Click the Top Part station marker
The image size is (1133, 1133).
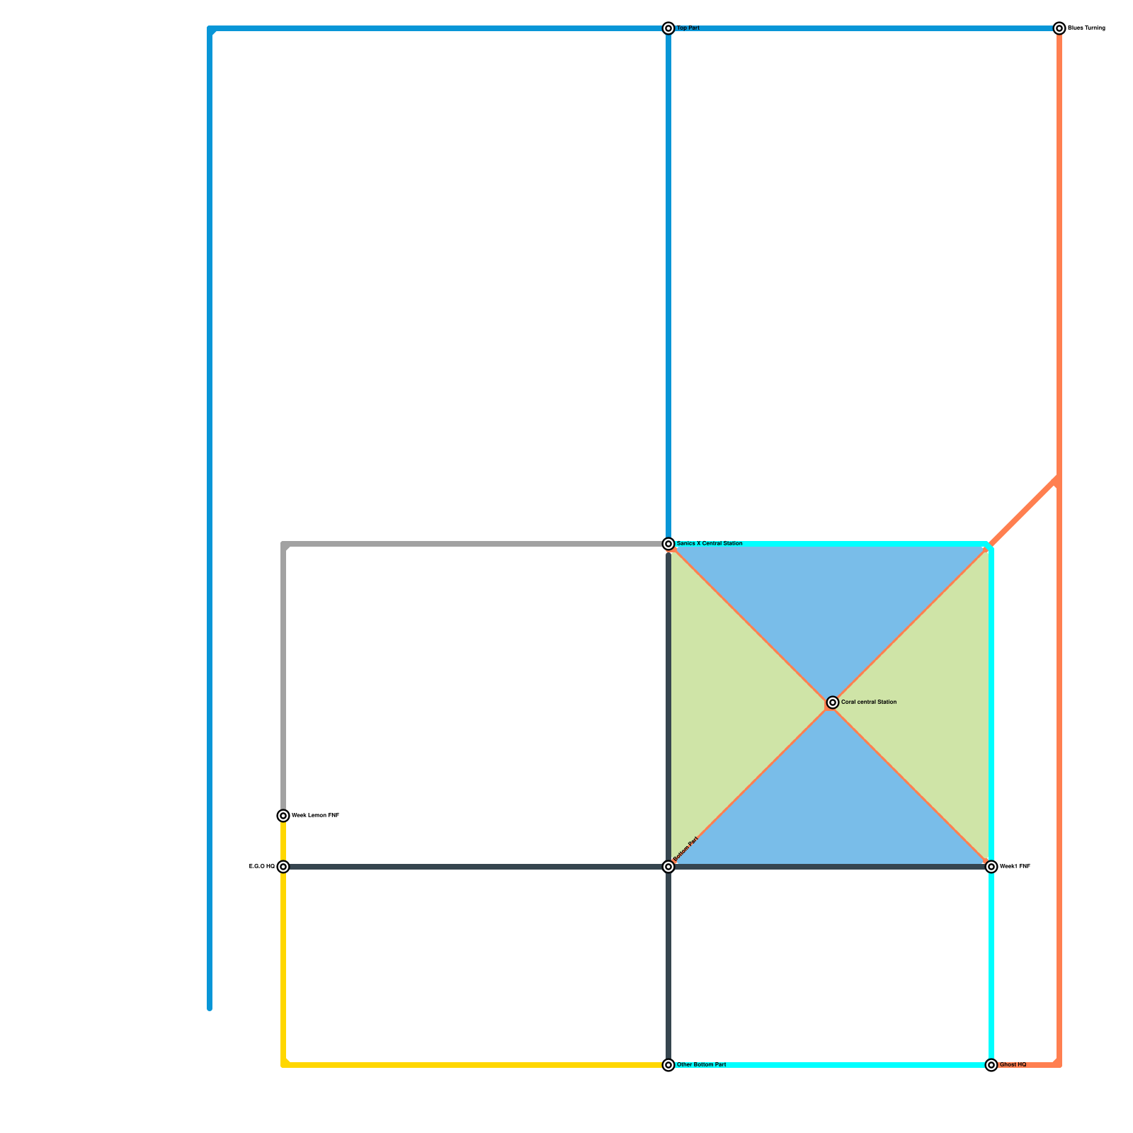(x=668, y=28)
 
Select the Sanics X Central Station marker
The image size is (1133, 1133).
(x=668, y=544)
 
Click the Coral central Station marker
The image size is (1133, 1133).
(x=833, y=702)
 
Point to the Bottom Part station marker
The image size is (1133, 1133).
(x=668, y=867)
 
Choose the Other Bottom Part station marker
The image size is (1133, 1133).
(x=668, y=1065)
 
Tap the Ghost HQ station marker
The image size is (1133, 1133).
(x=991, y=1065)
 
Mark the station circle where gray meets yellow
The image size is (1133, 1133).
(x=283, y=816)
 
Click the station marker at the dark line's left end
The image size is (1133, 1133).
(x=283, y=867)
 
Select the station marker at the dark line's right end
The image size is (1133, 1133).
(x=991, y=867)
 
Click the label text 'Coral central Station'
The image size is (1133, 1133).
(x=869, y=702)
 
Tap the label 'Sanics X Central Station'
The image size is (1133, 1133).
(x=710, y=544)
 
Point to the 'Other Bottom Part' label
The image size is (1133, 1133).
(x=702, y=1065)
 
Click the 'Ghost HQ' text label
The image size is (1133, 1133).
(x=1013, y=1065)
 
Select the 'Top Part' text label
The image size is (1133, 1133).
(x=688, y=28)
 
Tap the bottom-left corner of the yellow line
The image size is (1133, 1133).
(x=284, y=1064)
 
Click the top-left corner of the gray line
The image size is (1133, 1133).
(x=284, y=545)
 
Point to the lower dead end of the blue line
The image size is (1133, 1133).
(x=210, y=1008)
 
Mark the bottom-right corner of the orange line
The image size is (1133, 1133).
(x=1059, y=1064)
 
